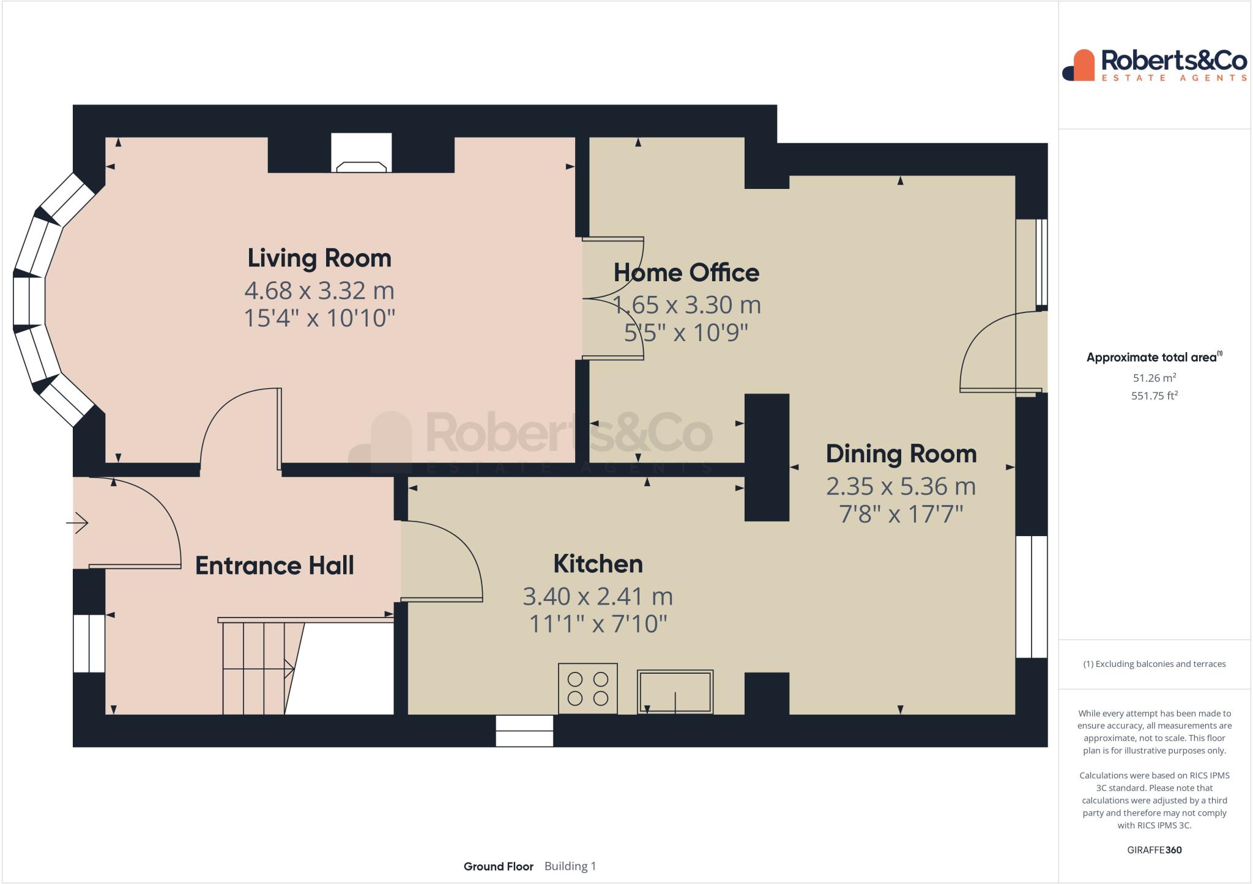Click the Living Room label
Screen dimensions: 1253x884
[x=319, y=258]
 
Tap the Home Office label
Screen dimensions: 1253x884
[x=686, y=273]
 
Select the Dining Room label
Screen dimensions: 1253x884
[x=901, y=454]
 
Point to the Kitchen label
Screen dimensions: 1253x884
[x=598, y=564]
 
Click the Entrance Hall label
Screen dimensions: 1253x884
[x=275, y=565]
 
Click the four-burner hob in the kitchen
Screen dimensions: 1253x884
[x=588, y=688]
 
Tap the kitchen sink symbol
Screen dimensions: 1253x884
[x=675, y=691]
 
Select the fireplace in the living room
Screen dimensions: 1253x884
[x=361, y=153]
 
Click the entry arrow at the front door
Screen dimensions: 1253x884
[x=78, y=523]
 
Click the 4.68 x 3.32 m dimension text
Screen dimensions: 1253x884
[x=319, y=290]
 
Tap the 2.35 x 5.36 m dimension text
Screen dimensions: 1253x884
[x=901, y=487]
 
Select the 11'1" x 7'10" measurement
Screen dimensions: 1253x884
[x=598, y=624]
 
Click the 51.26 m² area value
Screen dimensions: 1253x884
[x=1154, y=378]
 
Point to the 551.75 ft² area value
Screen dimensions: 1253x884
[x=1154, y=396]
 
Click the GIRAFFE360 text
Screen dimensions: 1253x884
[x=1154, y=850]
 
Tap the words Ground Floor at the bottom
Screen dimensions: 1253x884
[x=499, y=866]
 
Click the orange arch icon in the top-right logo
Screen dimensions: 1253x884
[x=1083, y=65]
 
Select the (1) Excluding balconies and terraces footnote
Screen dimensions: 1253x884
[x=1154, y=664]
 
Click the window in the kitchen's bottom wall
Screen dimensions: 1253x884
[x=524, y=731]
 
